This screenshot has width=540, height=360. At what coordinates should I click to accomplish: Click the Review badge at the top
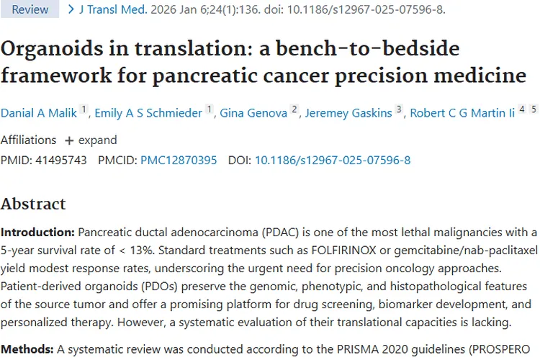point(31,9)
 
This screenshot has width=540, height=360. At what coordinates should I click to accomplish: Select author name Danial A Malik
point(39,112)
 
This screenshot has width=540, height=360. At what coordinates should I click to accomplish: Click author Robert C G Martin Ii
point(463,112)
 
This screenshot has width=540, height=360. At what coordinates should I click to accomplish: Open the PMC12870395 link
point(179,160)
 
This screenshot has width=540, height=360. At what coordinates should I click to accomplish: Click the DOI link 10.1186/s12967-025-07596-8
point(333,160)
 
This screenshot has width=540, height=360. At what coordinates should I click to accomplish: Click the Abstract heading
point(33,204)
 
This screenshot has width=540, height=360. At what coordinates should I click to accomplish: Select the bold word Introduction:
point(37,232)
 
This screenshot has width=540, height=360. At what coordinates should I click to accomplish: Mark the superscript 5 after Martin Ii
point(534,109)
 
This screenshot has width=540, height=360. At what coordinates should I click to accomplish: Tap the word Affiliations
point(28,140)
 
